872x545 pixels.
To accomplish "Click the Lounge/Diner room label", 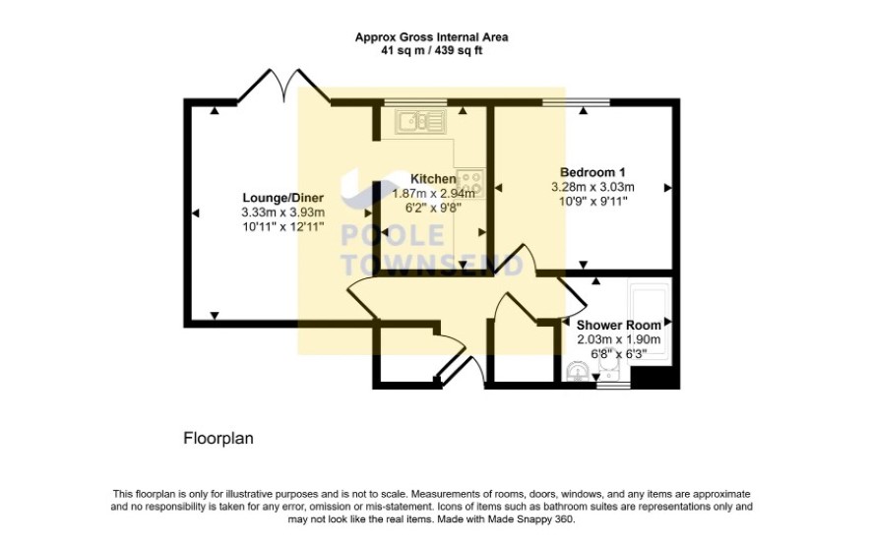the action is tap(282, 198).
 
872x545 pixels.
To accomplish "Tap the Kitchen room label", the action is tap(433, 179).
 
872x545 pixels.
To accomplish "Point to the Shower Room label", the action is tap(618, 325).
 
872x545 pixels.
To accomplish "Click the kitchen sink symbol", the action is tap(420, 121).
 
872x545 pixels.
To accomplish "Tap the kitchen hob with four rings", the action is tap(469, 183).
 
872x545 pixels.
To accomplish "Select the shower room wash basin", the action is tap(578, 372).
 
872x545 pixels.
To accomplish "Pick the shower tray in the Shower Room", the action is tap(649, 323).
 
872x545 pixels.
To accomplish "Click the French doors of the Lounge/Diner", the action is tap(283, 87).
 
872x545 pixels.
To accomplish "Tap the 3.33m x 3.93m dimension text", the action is tap(283, 212).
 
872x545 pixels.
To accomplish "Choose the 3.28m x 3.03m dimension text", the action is tap(592, 187).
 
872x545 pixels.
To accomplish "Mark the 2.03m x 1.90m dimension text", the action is tap(618, 339).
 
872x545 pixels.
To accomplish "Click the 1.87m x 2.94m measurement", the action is tap(434, 194).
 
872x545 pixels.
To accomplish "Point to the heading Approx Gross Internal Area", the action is tap(431, 37).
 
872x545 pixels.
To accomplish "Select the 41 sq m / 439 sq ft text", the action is tap(431, 50).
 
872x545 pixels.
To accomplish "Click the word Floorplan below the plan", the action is tap(218, 438).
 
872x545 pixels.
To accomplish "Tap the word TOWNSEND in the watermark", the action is tap(431, 265).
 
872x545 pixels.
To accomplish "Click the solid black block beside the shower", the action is tap(655, 377).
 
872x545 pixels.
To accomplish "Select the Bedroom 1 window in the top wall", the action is tap(576, 101).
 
